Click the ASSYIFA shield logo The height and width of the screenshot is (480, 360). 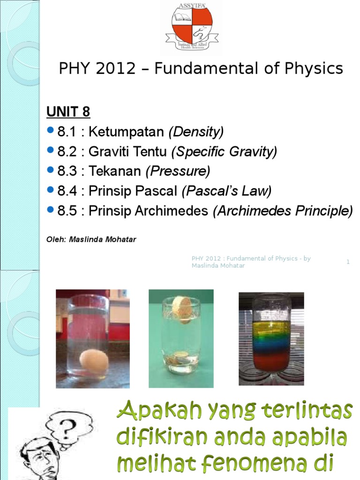coord(192,27)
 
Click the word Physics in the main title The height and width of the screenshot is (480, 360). coord(314,68)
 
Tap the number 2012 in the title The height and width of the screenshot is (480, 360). coord(115,68)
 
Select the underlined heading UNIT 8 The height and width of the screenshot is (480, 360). coord(68,112)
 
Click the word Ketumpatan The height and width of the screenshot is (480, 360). coord(127,132)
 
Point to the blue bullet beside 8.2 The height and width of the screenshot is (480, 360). coord(51,150)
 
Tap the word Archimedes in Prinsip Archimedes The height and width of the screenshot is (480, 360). coord(172,210)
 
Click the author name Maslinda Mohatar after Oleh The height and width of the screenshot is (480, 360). coord(103,240)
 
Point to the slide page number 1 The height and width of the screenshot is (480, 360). coord(348,262)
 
